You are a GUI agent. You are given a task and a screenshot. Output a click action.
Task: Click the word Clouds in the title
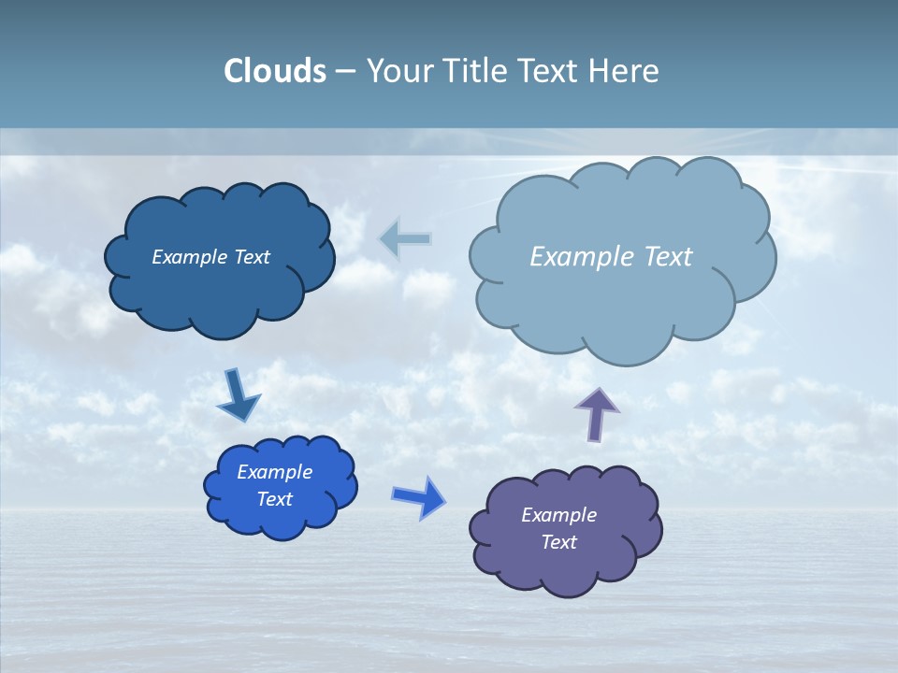coord(274,71)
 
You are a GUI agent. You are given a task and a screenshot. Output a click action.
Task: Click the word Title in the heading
coord(474,71)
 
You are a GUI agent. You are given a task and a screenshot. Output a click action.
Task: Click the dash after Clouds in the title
coord(344,71)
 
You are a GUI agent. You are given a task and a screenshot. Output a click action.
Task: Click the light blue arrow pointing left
coord(406,239)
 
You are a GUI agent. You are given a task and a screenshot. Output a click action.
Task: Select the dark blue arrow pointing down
coord(238,395)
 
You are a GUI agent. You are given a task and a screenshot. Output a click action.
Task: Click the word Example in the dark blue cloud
coord(190,257)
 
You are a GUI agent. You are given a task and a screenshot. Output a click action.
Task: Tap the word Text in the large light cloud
coord(661,257)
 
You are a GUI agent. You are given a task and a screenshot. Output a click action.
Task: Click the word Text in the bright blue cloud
coord(275,499)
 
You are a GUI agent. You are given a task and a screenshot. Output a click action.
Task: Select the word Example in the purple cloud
coord(558,515)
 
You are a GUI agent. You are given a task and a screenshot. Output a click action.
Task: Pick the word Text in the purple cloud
coord(558,542)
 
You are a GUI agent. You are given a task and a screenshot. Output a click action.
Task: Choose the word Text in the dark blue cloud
coord(252,257)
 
